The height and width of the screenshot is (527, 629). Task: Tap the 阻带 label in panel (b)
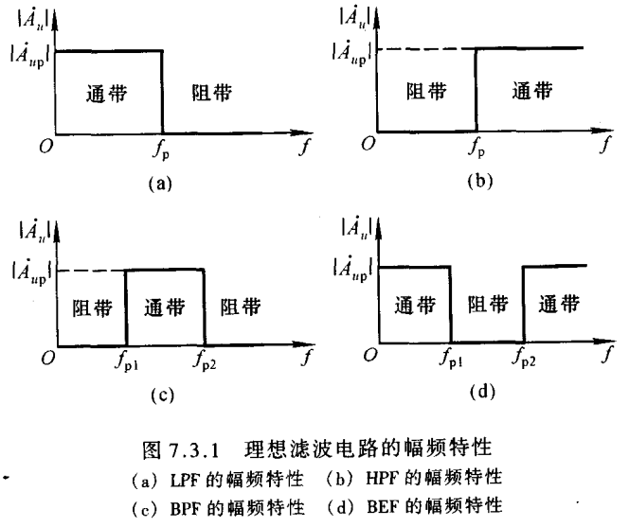coord(425,92)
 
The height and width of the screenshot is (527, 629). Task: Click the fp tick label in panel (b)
coord(476,148)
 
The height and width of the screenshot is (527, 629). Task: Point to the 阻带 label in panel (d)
coord(487,305)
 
